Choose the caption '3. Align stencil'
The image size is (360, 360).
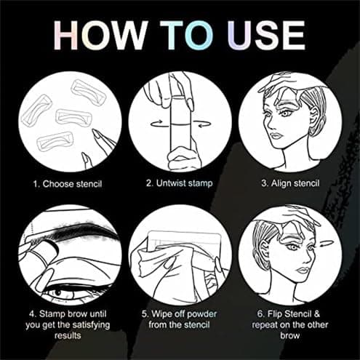pos(291,183)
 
